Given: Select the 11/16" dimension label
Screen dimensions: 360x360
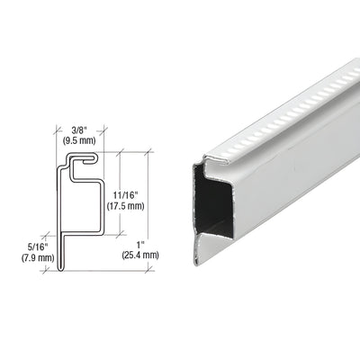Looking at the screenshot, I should click(x=134, y=193).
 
